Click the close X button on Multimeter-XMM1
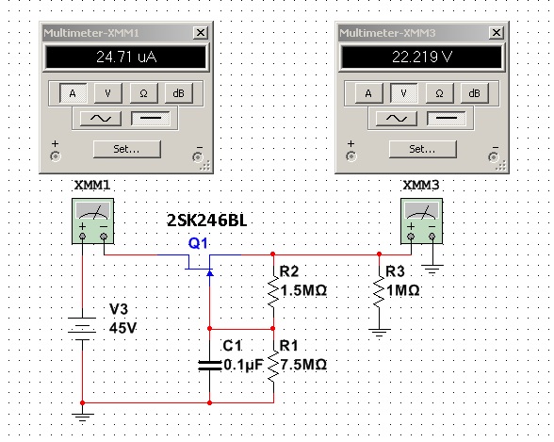coord(201,33)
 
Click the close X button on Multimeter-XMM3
coord(497,33)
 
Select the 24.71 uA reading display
coord(126,57)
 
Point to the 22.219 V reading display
coord(422,57)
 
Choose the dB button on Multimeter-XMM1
coord(179,93)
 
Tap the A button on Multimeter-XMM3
coord(368,93)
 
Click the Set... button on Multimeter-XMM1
coord(127,149)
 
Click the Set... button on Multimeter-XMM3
coord(422,149)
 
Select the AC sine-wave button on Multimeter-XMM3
coord(396,119)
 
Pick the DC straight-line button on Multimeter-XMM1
coord(151,119)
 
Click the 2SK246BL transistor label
coord(206,221)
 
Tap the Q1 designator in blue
coord(198,243)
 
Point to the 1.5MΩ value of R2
coord(303,290)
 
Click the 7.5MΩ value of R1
coord(303,365)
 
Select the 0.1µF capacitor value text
coord(243,365)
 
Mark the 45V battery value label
coord(122,328)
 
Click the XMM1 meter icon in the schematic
coord(93,221)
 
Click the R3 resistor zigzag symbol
coord(379,291)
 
